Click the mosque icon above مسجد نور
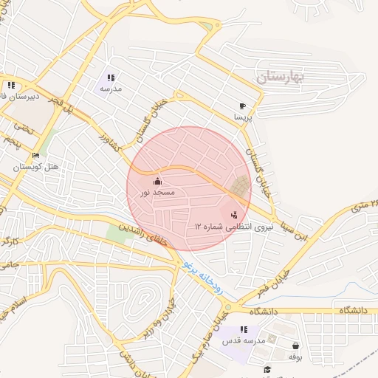157,181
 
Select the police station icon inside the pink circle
234,215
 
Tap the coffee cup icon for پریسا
243,106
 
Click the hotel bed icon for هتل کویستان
35,156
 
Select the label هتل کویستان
36,167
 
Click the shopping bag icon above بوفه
295,346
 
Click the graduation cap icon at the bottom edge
267,370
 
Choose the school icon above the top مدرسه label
111,78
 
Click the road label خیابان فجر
272,283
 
